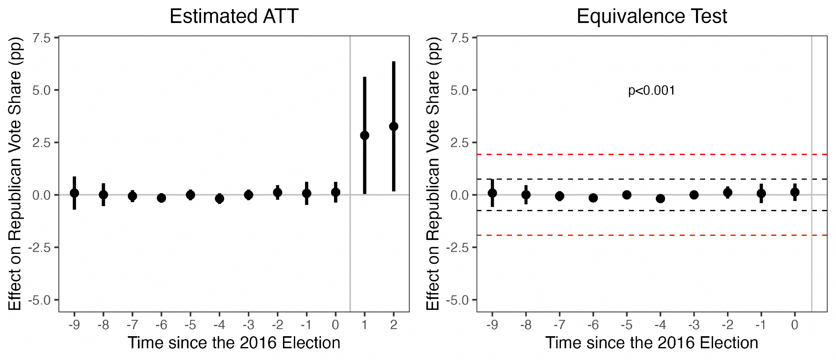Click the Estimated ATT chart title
click(234, 17)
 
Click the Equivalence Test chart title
click(652, 17)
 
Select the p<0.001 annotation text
click(651, 91)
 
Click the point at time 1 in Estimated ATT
click(364, 135)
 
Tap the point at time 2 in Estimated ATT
click(393, 126)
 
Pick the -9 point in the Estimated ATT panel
click(74, 193)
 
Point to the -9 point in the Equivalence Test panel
click(492, 193)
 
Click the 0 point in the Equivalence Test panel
click(795, 192)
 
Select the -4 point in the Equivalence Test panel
click(660, 198)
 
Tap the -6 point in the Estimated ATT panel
click(161, 198)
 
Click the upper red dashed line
click(652, 155)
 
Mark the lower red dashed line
click(652, 235)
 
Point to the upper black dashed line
click(652, 179)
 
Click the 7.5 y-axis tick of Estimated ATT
click(41, 38)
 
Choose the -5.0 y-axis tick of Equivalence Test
click(457, 300)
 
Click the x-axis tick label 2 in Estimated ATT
click(393, 325)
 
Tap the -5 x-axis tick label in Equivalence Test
click(626, 325)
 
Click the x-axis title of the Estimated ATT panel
click(234, 343)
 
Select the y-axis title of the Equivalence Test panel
click(433, 174)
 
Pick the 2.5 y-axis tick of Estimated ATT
click(41, 143)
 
